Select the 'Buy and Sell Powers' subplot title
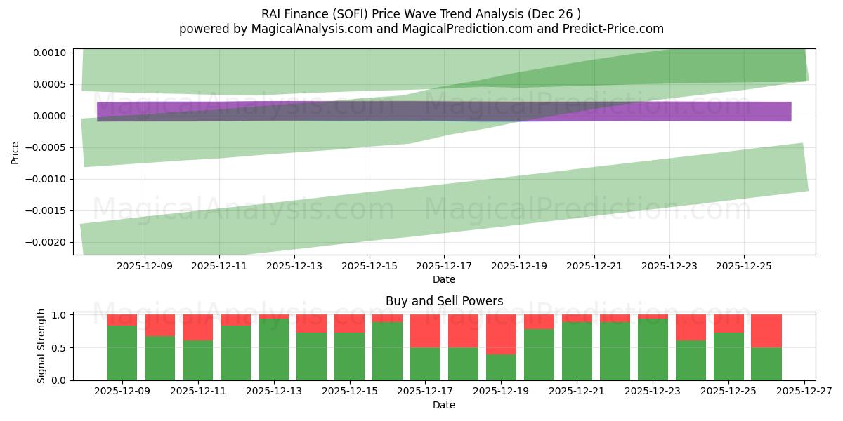444,301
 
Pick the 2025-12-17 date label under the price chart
444,267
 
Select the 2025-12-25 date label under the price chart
744,267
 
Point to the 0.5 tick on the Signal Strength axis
58,347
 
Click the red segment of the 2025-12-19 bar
501,334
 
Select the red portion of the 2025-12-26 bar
766,330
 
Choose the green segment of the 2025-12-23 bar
653,349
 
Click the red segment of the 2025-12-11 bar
197,327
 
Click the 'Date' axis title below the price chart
444,279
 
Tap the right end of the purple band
790,112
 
